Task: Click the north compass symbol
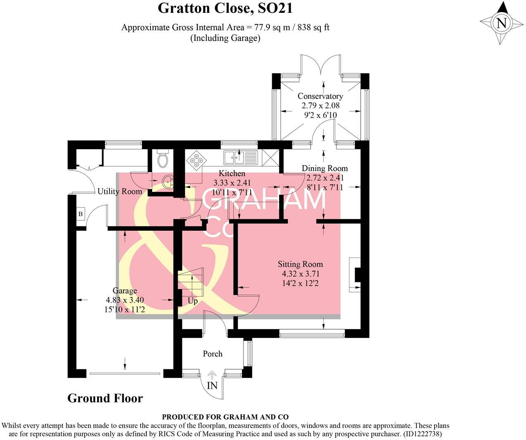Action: [x=501, y=23]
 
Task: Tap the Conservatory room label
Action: [x=320, y=96]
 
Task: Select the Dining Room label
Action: [x=325, y=168]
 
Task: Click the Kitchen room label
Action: [x=232, y=174]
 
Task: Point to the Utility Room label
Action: [x=120, y=191]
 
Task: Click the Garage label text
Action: [x=125, y=291]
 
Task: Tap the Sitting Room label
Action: [x=300, y=264]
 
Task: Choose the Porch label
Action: [x=213, y=354]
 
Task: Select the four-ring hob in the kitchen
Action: [x=196, y=160]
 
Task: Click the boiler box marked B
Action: [x=81, y=214]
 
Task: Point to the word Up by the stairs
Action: [x=193, y=301]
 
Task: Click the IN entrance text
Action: [x=212, y=386]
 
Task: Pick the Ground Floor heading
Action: [x=105, y=399]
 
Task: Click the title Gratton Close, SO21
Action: [x=225, y=8]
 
